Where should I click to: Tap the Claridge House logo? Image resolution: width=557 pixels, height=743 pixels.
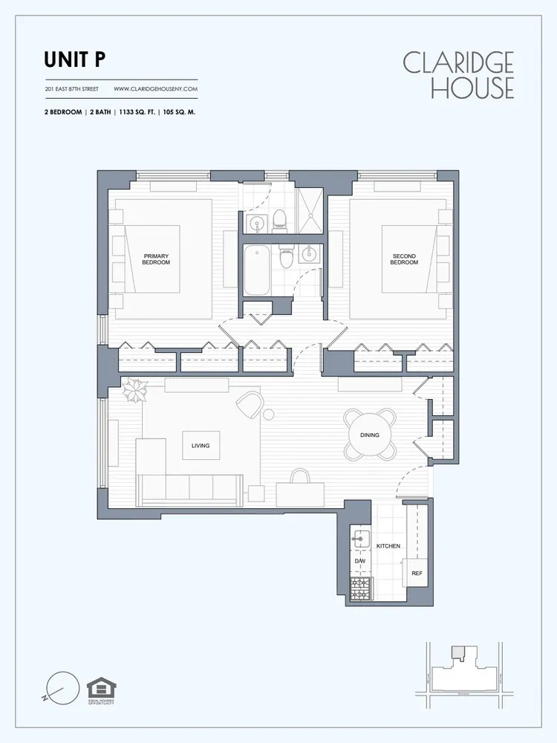[x=458, y=75]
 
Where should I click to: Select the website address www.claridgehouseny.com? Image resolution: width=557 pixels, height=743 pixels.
[x=155, y=89]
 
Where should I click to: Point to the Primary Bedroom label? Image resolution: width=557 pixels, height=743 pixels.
[x=156, y=259]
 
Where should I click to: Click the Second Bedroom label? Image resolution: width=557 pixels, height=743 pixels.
[x=404, y=259]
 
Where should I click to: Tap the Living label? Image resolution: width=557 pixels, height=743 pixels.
[x=201, y=446]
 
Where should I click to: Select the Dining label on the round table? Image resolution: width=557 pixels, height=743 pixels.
[x=369, y=435]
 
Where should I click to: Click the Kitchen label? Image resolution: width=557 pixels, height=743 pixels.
[x=388, y=546]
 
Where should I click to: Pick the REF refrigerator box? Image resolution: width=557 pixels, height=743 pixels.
[x=417, y=574]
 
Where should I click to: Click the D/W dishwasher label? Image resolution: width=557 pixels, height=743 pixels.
[x=360, y=561]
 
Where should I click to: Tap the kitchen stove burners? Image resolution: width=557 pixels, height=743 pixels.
[x=361, y=590]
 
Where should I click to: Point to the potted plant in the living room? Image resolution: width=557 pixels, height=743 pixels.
[x=134, y=389]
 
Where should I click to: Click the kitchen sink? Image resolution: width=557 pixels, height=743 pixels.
[x=360, y=536]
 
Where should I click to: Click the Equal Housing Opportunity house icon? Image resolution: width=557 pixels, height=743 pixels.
[x=101, y=688]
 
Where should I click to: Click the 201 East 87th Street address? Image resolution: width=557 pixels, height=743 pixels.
[x=71, y=89]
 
